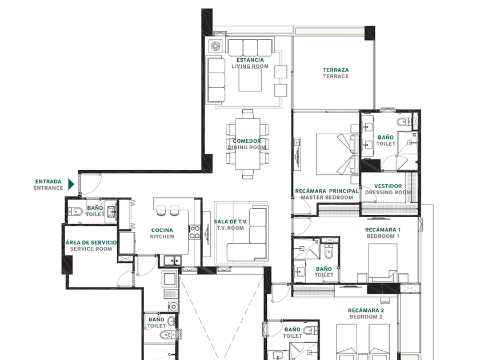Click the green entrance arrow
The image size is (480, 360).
coord(71,184)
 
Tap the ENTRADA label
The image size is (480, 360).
coord(49,182)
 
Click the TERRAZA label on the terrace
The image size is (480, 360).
coord(336,70)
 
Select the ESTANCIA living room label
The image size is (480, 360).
coord(250,60)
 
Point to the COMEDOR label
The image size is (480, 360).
coord(247,141)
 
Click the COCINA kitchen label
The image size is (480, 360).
coord(162,230)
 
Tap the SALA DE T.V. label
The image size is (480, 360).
coord(230,222)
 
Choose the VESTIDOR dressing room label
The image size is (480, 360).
coord(388,186)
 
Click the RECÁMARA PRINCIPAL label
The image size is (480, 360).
coord(327,191)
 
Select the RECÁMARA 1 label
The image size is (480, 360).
coord(383,230)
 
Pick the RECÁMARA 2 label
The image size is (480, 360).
coord(366,310)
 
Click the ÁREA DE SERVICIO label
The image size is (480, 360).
coord(91,242)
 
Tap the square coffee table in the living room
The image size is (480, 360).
coord(250,80)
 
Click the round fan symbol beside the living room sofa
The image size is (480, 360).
coord(215,46)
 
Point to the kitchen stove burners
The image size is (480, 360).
coord(195,232)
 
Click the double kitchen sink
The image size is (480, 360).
coord(173,261)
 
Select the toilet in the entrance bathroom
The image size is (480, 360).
coord(75,211)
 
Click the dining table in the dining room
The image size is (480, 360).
coord(247,144)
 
